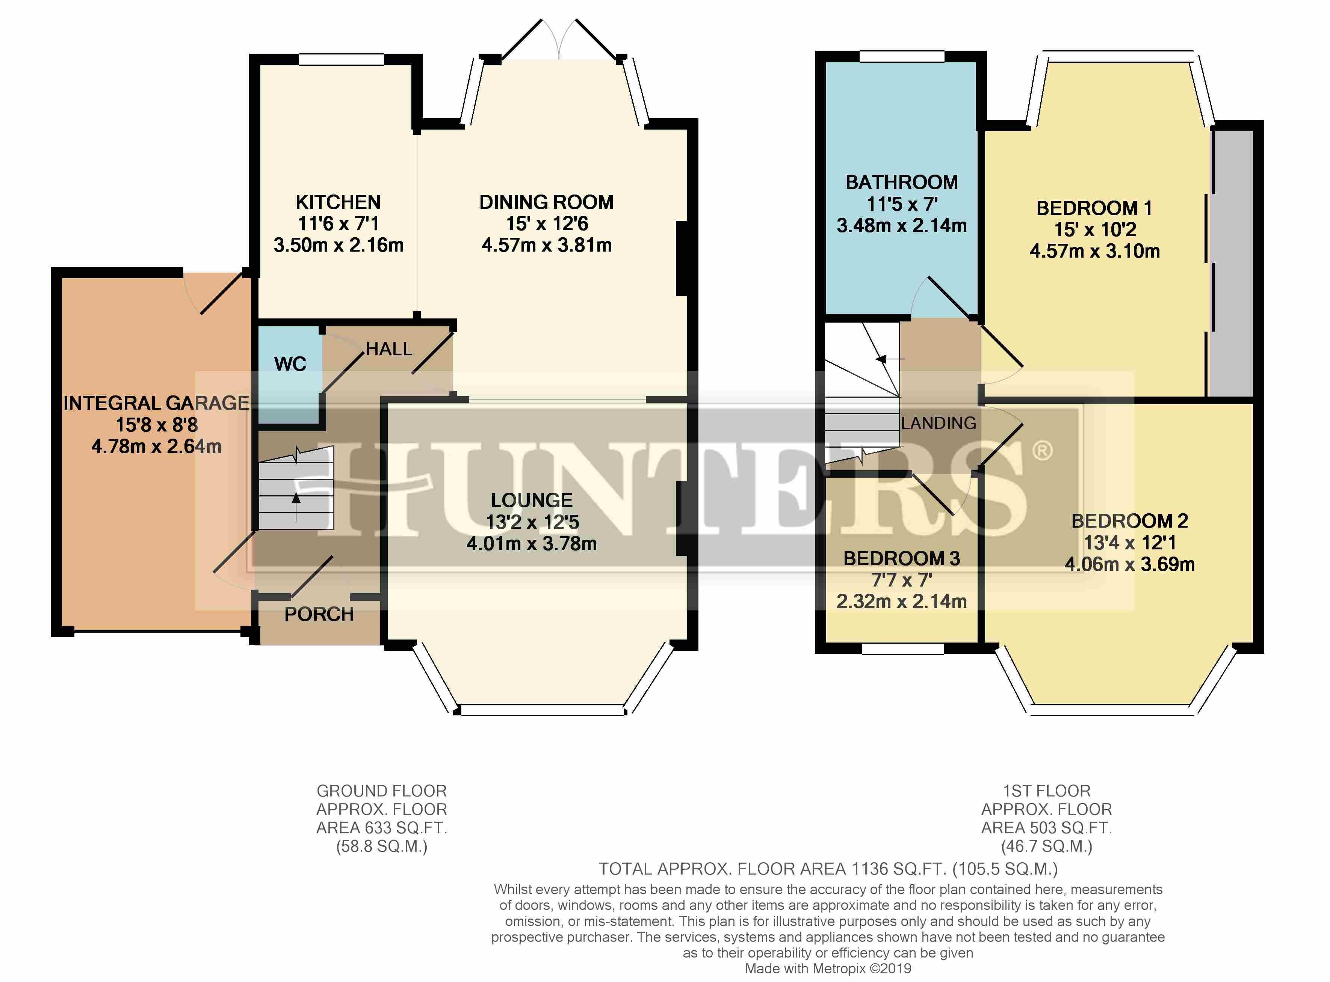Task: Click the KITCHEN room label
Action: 338,202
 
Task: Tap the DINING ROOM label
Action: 546,202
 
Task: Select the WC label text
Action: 290,364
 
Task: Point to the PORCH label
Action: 319,614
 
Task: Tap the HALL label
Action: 389,349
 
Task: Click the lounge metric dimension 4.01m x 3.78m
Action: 532,543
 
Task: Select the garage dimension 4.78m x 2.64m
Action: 156,446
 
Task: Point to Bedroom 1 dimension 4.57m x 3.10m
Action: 1094,251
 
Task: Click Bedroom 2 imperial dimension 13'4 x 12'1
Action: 1130,543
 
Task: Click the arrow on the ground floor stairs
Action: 296,507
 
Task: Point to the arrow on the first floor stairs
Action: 890,359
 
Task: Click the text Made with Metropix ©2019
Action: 828,969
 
